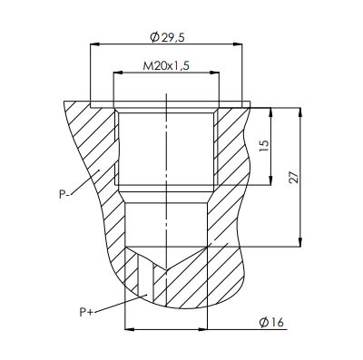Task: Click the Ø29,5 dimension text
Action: point(167,37)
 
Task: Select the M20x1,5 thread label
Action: point(166,65)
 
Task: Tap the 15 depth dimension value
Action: point(264,146)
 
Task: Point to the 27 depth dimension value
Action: point(294,178)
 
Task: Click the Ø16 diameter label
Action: point(271,323)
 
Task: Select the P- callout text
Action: point(64,194)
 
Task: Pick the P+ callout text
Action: point(86,312)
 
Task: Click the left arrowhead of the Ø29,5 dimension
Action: point(95,44)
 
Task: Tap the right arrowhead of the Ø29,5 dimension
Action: point(238,44)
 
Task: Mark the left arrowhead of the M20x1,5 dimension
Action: point(118,73)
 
